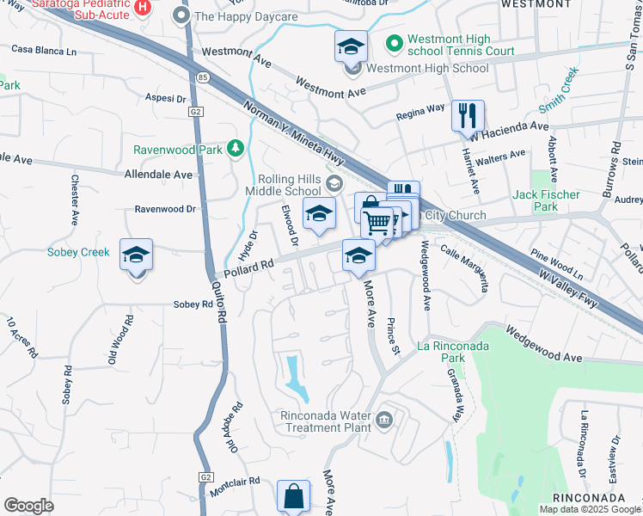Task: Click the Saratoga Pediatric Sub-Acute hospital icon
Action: pos(144,7)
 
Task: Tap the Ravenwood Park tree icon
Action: pos(235,149)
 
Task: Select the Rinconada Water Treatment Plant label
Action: pos(313,421)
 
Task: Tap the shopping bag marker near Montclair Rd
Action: pos(294,496)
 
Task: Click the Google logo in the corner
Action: pos(28,506)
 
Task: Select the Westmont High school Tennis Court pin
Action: pos(394,40)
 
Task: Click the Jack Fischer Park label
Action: pos(547,201)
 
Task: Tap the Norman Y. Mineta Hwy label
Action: pos(294,135)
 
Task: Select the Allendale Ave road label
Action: pos(159,174)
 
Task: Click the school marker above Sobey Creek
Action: pos(136,255)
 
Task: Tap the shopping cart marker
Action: pos(377,222)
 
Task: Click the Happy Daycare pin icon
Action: pos(181,15)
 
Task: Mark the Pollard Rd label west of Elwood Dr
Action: pos(248,268)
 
